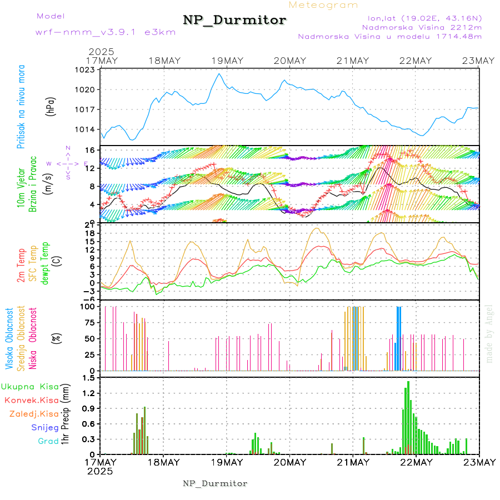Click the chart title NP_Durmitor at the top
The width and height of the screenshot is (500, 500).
(234, 21)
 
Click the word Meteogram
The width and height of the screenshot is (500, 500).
(323, 5)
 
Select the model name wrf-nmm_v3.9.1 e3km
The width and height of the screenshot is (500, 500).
(106, 32)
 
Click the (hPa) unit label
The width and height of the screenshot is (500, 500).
(50, 106)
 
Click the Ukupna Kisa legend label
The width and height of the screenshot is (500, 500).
(29, 386)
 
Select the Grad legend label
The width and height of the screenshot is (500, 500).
(48, 441)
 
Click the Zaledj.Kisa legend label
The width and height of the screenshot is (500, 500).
(34, 414)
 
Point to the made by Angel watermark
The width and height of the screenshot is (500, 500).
(489, 333)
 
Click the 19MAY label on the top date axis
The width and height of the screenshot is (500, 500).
(227, 61)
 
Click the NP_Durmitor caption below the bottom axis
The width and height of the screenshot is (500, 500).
(215, 483)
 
